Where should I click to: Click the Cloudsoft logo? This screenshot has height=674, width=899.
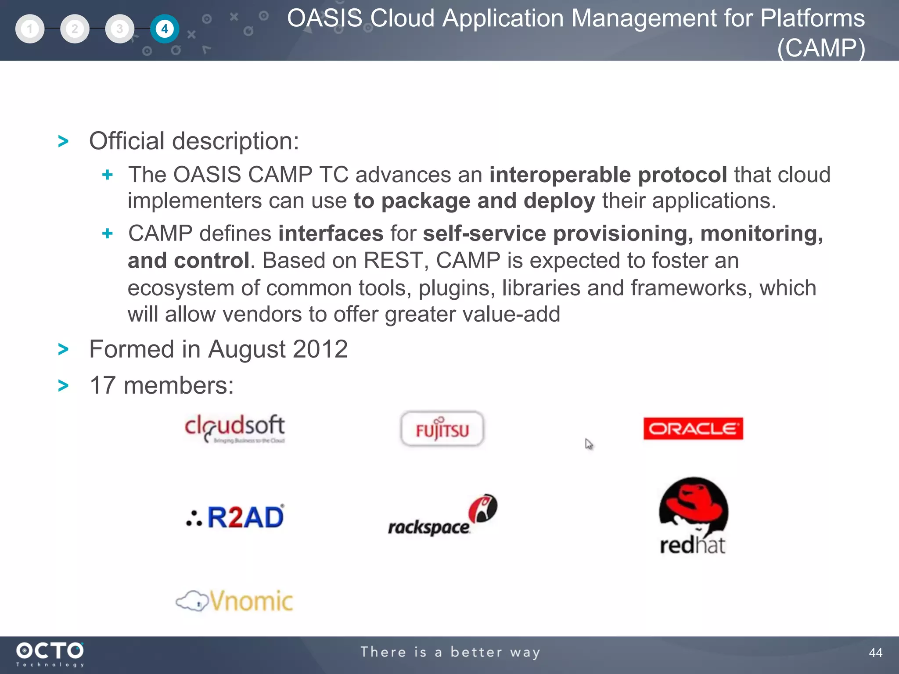pos(235,428)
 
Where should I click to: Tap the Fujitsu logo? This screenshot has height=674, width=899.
pos(442,429)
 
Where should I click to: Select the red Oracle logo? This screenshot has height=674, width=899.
pos(693,428)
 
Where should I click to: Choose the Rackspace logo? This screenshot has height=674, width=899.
pos(442,516)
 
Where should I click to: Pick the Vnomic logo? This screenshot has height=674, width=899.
pos(235,601)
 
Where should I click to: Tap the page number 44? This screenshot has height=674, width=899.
pos(875,652)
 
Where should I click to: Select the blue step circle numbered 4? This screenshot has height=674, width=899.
pos(165,29)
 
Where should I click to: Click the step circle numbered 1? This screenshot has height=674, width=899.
pos(30,29)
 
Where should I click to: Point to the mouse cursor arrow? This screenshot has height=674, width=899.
pos(588,444)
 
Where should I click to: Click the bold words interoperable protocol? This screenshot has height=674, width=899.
pos(608,175)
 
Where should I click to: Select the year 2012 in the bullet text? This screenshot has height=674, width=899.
pos(320,349)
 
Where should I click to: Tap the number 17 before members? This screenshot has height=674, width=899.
pos(103,385)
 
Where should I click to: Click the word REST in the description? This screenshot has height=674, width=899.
pos(393,260)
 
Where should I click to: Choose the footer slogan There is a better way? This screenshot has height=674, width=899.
pos(450,652)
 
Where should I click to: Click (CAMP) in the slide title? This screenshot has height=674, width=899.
pos(821,47)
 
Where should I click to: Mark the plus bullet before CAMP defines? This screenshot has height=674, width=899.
pos(108,233)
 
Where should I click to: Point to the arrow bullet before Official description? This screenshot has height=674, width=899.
pos(64,141)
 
